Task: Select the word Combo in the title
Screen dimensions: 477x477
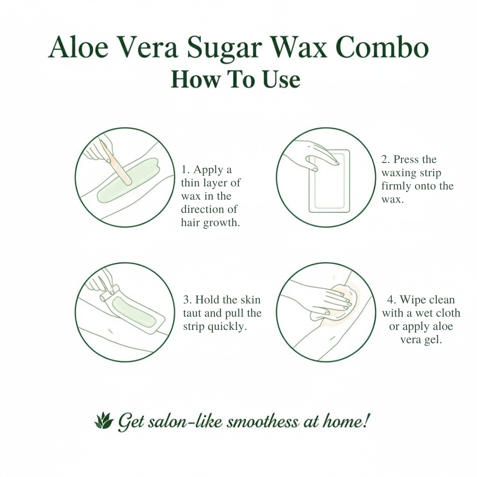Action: click(x=382, y=47)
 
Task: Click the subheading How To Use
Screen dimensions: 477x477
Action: click(x=235, y=79)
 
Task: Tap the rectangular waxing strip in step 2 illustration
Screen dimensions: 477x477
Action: click(x=329, y=181)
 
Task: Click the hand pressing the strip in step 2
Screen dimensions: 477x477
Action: click(x=313, y=154)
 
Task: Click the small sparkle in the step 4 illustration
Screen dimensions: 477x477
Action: click(x=334, y=277)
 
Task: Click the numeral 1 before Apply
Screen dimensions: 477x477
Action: click(x=184, y=170)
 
